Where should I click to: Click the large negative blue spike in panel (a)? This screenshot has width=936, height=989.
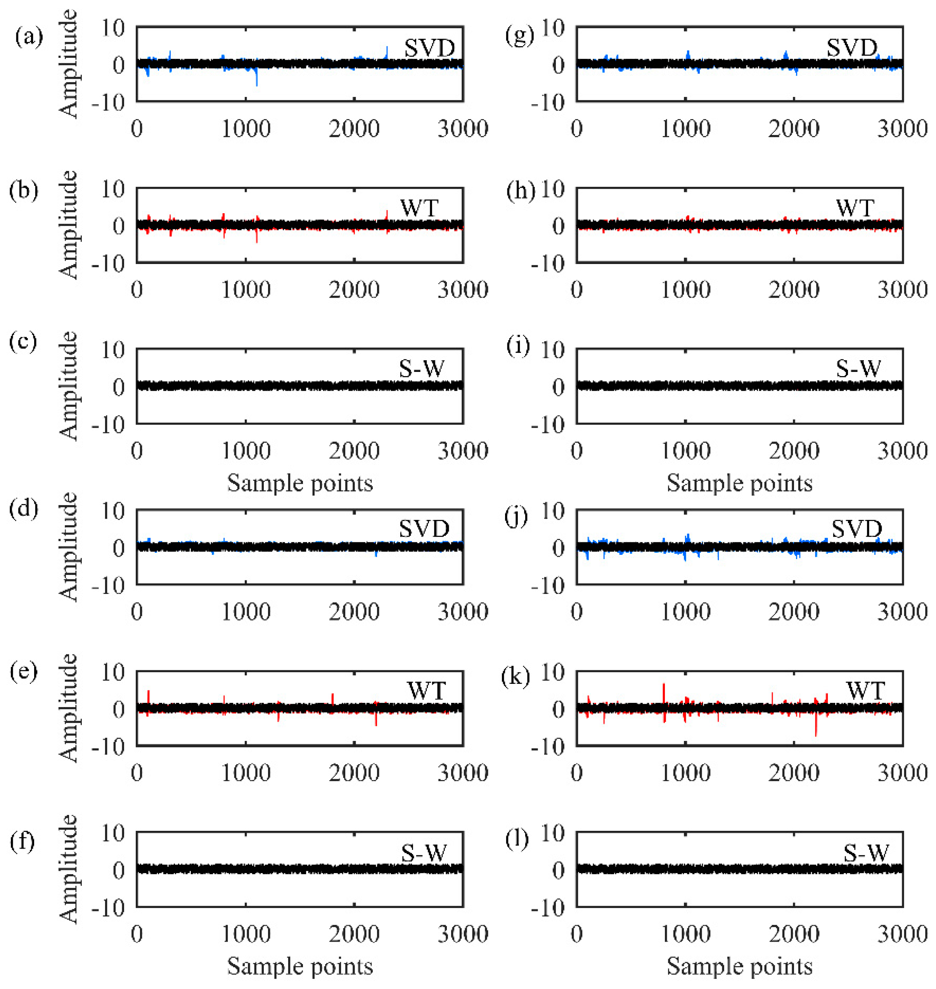pos(257,80)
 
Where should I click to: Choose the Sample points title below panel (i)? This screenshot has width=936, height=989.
pos(739,483)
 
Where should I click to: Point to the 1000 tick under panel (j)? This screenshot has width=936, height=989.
pos(685,611)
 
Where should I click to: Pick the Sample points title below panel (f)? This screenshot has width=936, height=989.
pos(300,966)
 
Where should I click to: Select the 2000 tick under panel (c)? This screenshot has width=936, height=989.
pos(354,451)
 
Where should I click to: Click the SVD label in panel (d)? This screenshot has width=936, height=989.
pos(424,529)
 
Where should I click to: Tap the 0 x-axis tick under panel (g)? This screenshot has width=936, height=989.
pos(576,129)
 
